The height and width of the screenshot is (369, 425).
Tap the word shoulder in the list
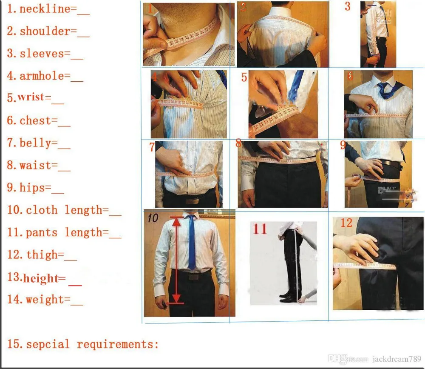coord(45,31)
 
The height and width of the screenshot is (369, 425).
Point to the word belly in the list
coord(35,143)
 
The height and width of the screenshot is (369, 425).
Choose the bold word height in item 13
coord(40,279)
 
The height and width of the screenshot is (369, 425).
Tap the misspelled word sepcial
coord(48,344)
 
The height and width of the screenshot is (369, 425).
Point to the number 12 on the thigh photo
coord(346,223)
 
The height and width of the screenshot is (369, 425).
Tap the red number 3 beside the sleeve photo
coord(348,7)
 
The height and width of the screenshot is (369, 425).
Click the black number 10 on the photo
coord(153,218)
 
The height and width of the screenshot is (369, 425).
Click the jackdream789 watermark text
coord(397,359)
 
